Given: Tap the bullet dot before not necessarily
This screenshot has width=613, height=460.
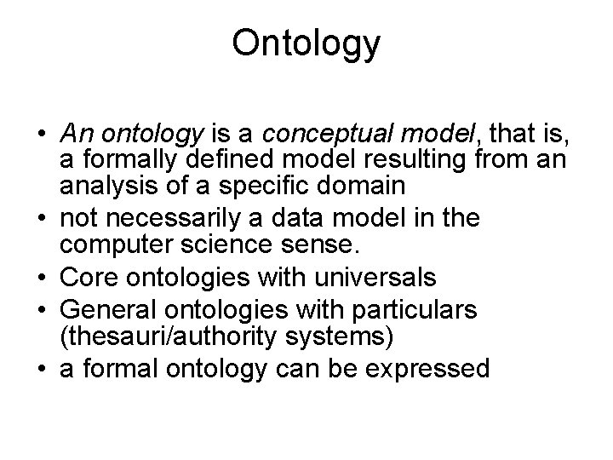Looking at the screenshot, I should [42, 219].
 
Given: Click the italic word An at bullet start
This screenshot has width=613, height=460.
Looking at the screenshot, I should [74, 134].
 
